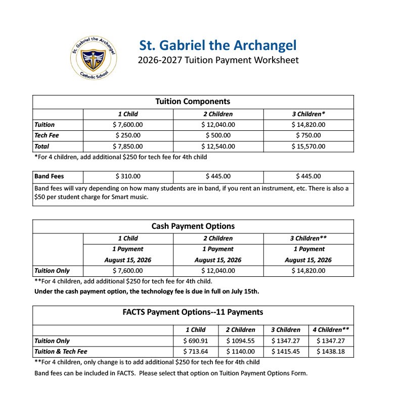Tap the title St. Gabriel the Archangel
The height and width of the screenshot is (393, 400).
pyautogui.click(x=217, y=45)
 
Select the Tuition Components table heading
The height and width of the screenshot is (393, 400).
pyautogui.click(x=193, y=102)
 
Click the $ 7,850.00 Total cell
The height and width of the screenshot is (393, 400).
pyautogui.click(x=127, y=146)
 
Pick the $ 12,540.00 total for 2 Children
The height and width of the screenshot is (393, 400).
pyautogui.click(x=218, y=146)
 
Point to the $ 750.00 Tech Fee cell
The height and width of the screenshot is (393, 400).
pyautogui.click(x=308, y=135)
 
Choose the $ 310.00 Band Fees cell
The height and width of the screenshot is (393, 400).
pyautogui.click(x=127, y=177)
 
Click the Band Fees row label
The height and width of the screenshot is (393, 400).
pyautogui.click(x=49, y=177)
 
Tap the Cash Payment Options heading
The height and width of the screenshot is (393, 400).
pyautogui.click(x=193, y=226)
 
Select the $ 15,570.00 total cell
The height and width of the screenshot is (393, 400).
pyautogui.click(x=308, y=146)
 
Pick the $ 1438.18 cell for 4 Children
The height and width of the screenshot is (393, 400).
pyautogui.click(x=331, y=352)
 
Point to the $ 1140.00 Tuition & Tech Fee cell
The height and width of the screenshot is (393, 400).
pyautogui.click(x=240, y=352)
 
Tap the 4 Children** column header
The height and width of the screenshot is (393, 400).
pyautogui.click(x=331, y=330)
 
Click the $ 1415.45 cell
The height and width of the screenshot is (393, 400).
pyautogui.click(x=286, y=352)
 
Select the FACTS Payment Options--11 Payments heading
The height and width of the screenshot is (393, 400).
pyautogui.click(x=193, y=312)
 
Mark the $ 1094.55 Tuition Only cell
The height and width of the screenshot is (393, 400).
pyautogui.click(x=240, y=341)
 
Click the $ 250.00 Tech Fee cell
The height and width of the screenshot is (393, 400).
pyautogui.click(x=127, y=135)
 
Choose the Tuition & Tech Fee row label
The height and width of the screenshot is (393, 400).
pyautogui.click(x=61, y=352)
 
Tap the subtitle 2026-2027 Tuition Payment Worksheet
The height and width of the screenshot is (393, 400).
pyautogui.click(x=218, y=61)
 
